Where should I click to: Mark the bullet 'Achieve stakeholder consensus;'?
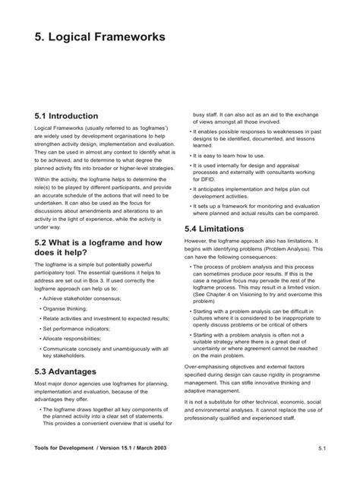pyautogui.click(x=85, y=299)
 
